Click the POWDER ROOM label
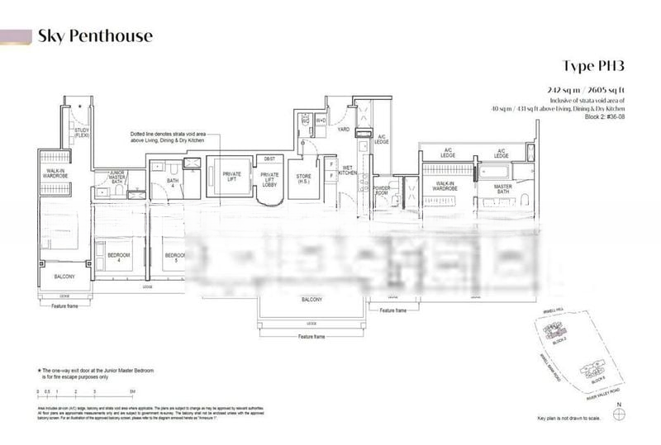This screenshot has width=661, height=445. coord(382,190)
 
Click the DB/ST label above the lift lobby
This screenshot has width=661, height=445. coord(269,158)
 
